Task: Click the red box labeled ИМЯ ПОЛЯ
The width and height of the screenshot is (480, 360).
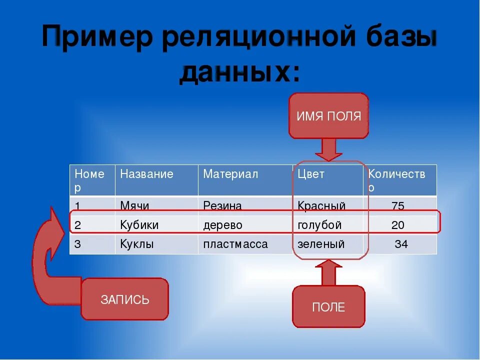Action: (x=328, y=116)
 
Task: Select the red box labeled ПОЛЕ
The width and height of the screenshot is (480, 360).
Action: (x=328, y=307)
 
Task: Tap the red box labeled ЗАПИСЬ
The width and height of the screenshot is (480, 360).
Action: (x=124, y=299)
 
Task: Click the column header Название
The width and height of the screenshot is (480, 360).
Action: (x=147, y=174)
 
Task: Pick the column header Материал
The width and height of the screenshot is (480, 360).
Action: (x=230, y=174)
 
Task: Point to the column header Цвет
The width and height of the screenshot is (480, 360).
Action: (x=311, y=174)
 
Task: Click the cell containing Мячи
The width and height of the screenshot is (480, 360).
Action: (x=135, y=205)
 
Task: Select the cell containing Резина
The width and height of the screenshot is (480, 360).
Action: (x=222, y=205)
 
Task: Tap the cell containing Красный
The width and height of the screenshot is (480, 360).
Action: (x=321, y=205)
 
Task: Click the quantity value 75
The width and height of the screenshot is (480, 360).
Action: (x=398, y=206)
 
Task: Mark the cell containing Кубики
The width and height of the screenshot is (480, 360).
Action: (x=139, y=225)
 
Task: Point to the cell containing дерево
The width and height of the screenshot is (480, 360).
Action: (x=222, y=225)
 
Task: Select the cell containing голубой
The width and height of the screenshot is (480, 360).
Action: (x=319, y=225)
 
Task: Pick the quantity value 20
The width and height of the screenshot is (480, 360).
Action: (x=398, y=225)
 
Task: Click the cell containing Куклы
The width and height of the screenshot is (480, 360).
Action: (x=137, y=244)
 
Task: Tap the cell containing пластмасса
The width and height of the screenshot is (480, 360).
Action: (x=235, y=244)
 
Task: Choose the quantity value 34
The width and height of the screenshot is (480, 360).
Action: (x=401, y=244)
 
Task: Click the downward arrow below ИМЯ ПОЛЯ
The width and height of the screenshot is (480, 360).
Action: (x=328, y=149)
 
